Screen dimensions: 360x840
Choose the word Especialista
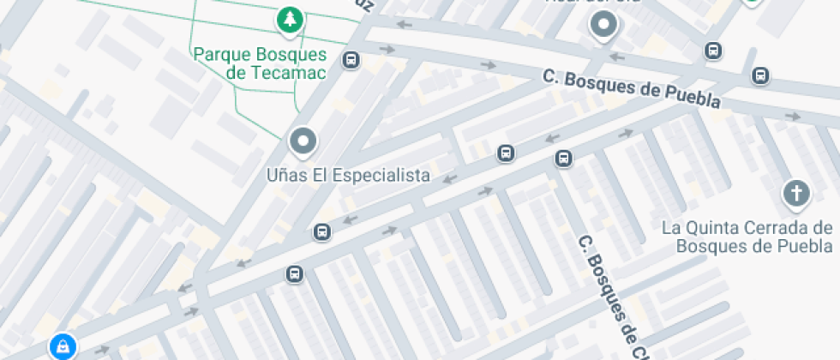point(382,176)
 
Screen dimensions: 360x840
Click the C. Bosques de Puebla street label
point(632,88)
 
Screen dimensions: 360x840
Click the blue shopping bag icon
point(62,346)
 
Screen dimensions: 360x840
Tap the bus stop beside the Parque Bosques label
point(351,59)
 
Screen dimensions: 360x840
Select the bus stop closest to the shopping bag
point(294,274)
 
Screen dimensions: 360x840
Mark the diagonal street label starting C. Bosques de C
point(609,296)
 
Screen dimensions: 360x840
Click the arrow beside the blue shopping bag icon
point(102,349)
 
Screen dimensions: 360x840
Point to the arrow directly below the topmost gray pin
point(615,57)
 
